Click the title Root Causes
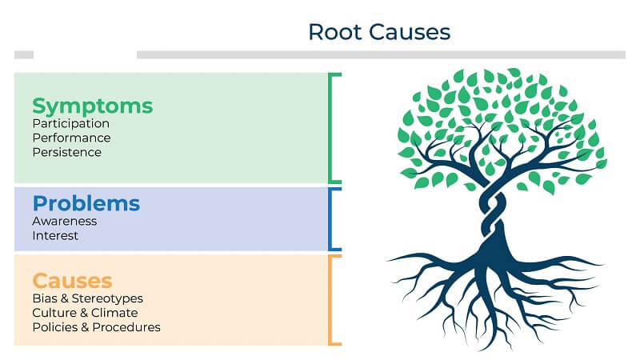pyautogui.click(x=379, y=32)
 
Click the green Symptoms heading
pyautogui.click(x=92, y=106)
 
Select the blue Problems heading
pyautogui.click(x=86, y=203)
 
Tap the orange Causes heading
pyautogui.click(x=72, y=281)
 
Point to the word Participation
pyautogui.click(x=71, y=124)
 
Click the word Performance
pyautogui.click(x=71, y=138)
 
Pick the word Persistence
pyautogui.click(x=67, y=152)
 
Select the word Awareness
pyautogui.click(x=65, y=221)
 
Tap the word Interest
pyautogui.click(x=55, y=235)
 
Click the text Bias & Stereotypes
pyautogui.click(x=88, y=298)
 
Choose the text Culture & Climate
pyautogui.click(x=85, y=313)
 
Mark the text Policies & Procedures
pyautogui.click(x=96, y=327)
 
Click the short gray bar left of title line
pyautogui.click(x=24, y=54)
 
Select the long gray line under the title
pyautogui.click(x=381, y=54)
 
